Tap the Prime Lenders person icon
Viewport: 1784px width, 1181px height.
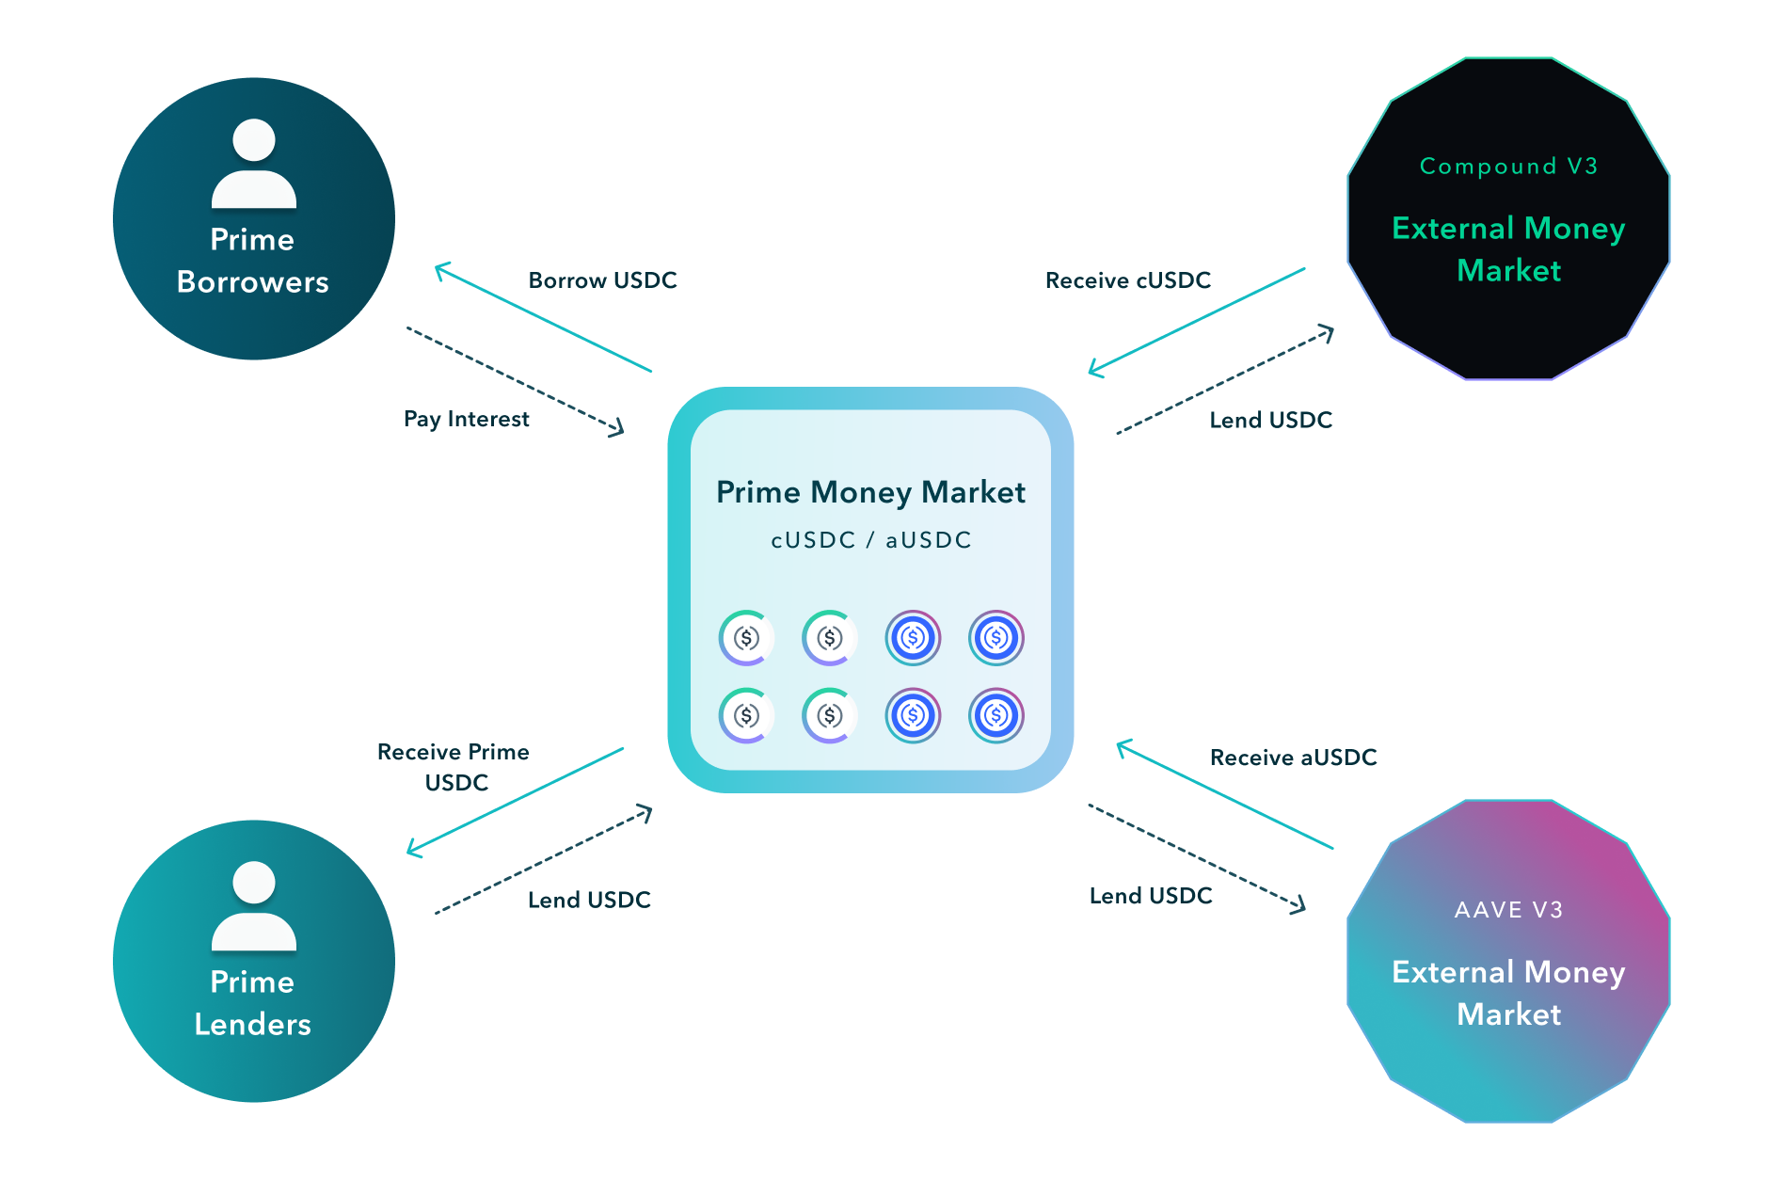coord(253,905)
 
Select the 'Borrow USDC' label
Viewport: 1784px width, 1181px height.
coord(602,280)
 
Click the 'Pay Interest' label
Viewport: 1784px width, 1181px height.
coord(466,419)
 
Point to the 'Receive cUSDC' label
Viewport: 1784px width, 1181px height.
coord(1127,280)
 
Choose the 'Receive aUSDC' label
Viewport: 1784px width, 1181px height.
coord(1293,758)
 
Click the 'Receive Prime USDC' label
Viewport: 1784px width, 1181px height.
coord(454,767)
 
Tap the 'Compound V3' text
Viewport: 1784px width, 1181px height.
coord(1508,167)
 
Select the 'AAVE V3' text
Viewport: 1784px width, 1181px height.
coord(1508,910)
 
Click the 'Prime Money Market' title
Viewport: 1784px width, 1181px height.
coord(870,492)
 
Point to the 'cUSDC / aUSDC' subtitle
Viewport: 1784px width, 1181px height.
coord(870,540)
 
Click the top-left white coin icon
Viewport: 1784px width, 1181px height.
coord(746,638)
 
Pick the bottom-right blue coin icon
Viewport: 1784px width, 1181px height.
coord(996,716)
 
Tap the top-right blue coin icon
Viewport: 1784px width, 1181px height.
coord(996,638)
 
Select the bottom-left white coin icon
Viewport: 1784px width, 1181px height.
coord(746,716)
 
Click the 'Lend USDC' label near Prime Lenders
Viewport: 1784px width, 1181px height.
coord(589,901)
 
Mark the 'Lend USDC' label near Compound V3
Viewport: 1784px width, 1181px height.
coord(1270,420)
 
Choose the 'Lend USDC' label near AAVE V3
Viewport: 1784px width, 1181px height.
coord(1150,896)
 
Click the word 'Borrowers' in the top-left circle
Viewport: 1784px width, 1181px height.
coord(252,282)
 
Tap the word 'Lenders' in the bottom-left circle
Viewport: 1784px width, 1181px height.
coord(252,1025)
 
